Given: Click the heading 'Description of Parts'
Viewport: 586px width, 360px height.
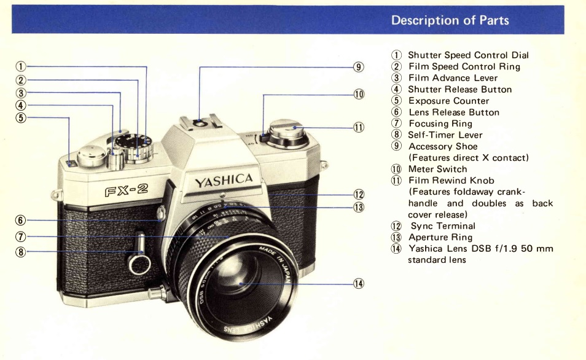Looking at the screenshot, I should click(x=450, y=20).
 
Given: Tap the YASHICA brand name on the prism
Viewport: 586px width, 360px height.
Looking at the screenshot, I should click(x=224, y=180).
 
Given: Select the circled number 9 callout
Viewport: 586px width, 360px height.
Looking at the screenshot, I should click(x=359, y=67).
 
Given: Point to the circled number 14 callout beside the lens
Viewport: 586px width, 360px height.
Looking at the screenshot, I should click(x=359, y=283).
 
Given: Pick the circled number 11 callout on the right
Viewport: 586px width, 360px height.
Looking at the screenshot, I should click(x=359, y=127).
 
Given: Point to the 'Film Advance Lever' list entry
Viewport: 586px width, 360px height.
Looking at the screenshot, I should click(x=453, y=78).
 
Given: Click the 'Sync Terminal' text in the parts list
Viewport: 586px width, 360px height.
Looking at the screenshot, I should click(x=442, y=226).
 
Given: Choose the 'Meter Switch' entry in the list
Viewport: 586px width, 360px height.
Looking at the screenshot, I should click(x=437, y=169).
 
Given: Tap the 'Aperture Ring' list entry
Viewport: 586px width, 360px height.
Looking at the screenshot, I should click(x=440, y=237).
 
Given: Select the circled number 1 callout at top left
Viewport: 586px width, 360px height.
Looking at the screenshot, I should click(x=21, y=67).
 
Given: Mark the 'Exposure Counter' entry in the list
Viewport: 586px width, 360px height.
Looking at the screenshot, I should click(x=448, y=101).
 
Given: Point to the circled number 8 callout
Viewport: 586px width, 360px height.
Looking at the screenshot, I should click(x=21, y=252).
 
